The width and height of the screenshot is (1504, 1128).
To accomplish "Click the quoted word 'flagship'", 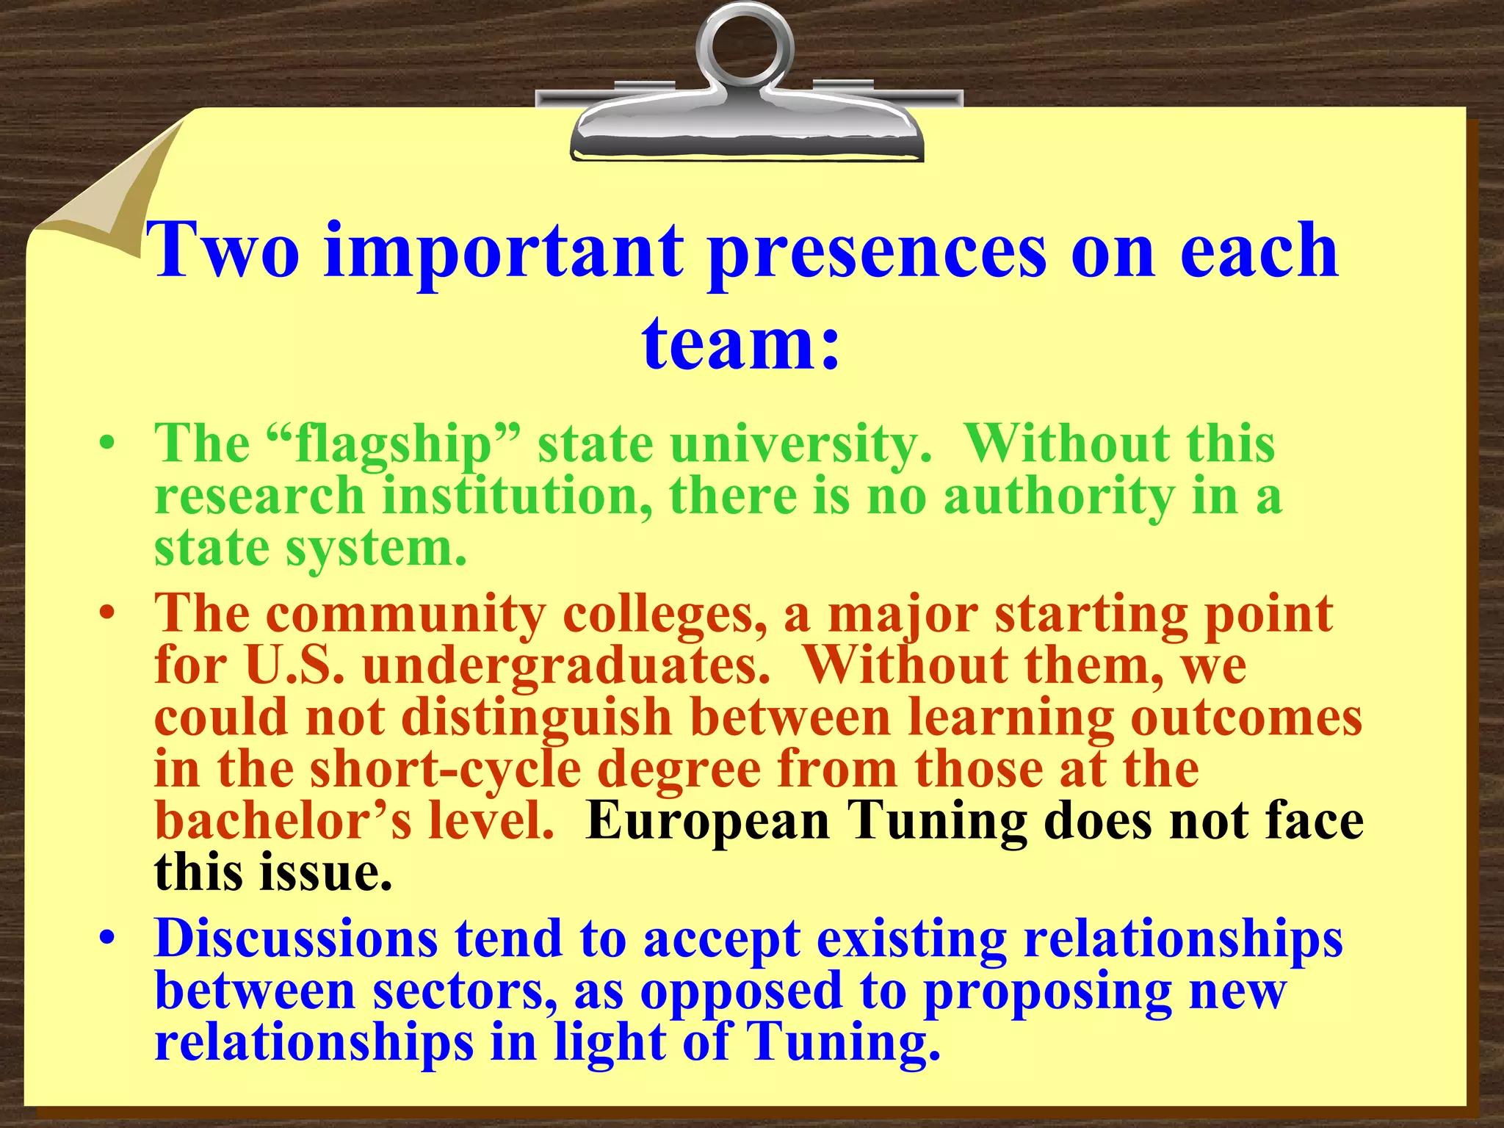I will click(392, 446).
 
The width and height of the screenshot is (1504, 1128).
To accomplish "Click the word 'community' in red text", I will click(406, 614).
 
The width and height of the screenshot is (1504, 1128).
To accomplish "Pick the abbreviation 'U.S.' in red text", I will click(293, 665).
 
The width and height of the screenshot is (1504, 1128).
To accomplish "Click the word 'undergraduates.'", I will click(565, 667).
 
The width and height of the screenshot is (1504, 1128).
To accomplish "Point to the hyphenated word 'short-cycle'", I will click(445, 769).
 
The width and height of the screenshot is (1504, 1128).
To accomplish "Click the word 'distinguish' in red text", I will click(537, 718).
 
